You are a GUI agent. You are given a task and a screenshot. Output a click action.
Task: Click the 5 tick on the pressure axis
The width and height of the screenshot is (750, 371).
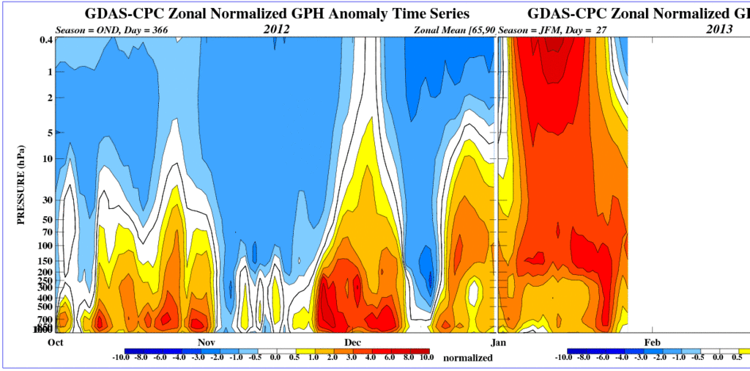pyautogui.click(x=48, y=133)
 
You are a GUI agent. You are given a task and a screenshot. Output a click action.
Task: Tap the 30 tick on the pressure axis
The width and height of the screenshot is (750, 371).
pyautogui.click(x=45, y=199)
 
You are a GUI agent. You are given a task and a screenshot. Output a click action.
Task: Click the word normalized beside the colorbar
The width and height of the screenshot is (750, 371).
pyautogui.click(x=467, y=359)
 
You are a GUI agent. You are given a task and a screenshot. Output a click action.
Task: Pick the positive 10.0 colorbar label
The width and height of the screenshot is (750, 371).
pyautogui.click(x=424, y=357)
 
